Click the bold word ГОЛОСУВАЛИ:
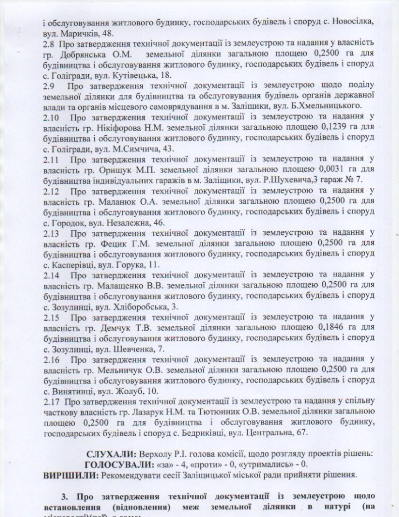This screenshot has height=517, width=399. click(119, 464)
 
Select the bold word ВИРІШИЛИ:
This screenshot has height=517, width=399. click(71, 475)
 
